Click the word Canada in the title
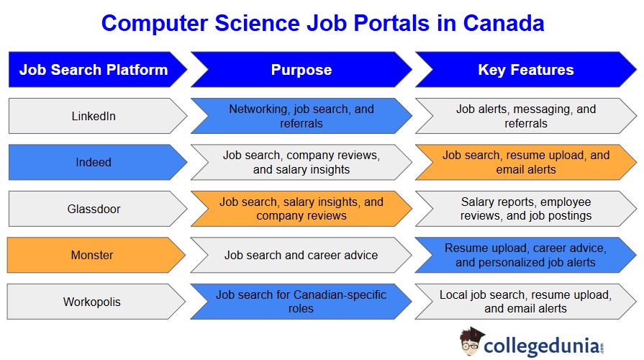(504, 23)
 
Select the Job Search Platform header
(98, 69)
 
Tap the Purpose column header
(301, 69)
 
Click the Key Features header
(526, 69)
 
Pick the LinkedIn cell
(98, 116)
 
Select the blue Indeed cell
(98, 162)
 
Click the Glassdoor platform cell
(98, 209)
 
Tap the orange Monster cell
(96, 255)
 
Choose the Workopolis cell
(96, 302)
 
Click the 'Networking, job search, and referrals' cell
(301, 116)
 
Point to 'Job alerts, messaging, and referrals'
(526, 116)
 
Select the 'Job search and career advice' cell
(301, 255)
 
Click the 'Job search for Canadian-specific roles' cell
(301, 302)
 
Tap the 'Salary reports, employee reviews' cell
(526, 209)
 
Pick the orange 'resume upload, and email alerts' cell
(526, 162)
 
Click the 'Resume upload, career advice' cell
(526, 255)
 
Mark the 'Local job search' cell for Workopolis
(526, 302)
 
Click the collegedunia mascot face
(471, 342)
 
